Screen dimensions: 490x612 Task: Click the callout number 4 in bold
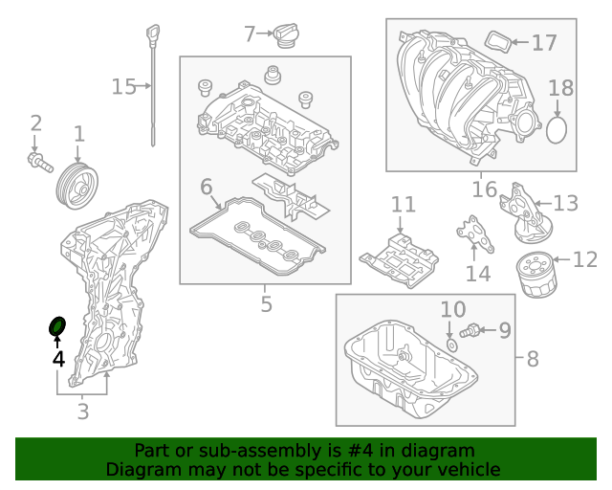click(x=58, y=359)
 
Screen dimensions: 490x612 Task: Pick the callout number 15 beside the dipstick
click(x=123, y=87)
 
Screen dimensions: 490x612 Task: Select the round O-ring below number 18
click(x=559, y=129)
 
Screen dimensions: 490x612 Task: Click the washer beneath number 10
click(x=450, y=343)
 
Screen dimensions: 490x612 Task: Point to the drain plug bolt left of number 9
click(x=470, y=332)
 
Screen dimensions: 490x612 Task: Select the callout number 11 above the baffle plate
click(x=403, y=205)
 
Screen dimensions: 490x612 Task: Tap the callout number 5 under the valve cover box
click(x=266, y=304)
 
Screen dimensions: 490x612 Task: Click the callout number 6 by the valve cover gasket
click(x=207, y=187)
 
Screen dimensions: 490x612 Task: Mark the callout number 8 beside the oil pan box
click(x=533, y=360)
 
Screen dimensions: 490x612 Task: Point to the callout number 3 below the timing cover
click(x=82, y=412)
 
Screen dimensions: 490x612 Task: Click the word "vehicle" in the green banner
click(x=468, y=469)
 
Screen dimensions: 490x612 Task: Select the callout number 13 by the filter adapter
click(x=565, y=203)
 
